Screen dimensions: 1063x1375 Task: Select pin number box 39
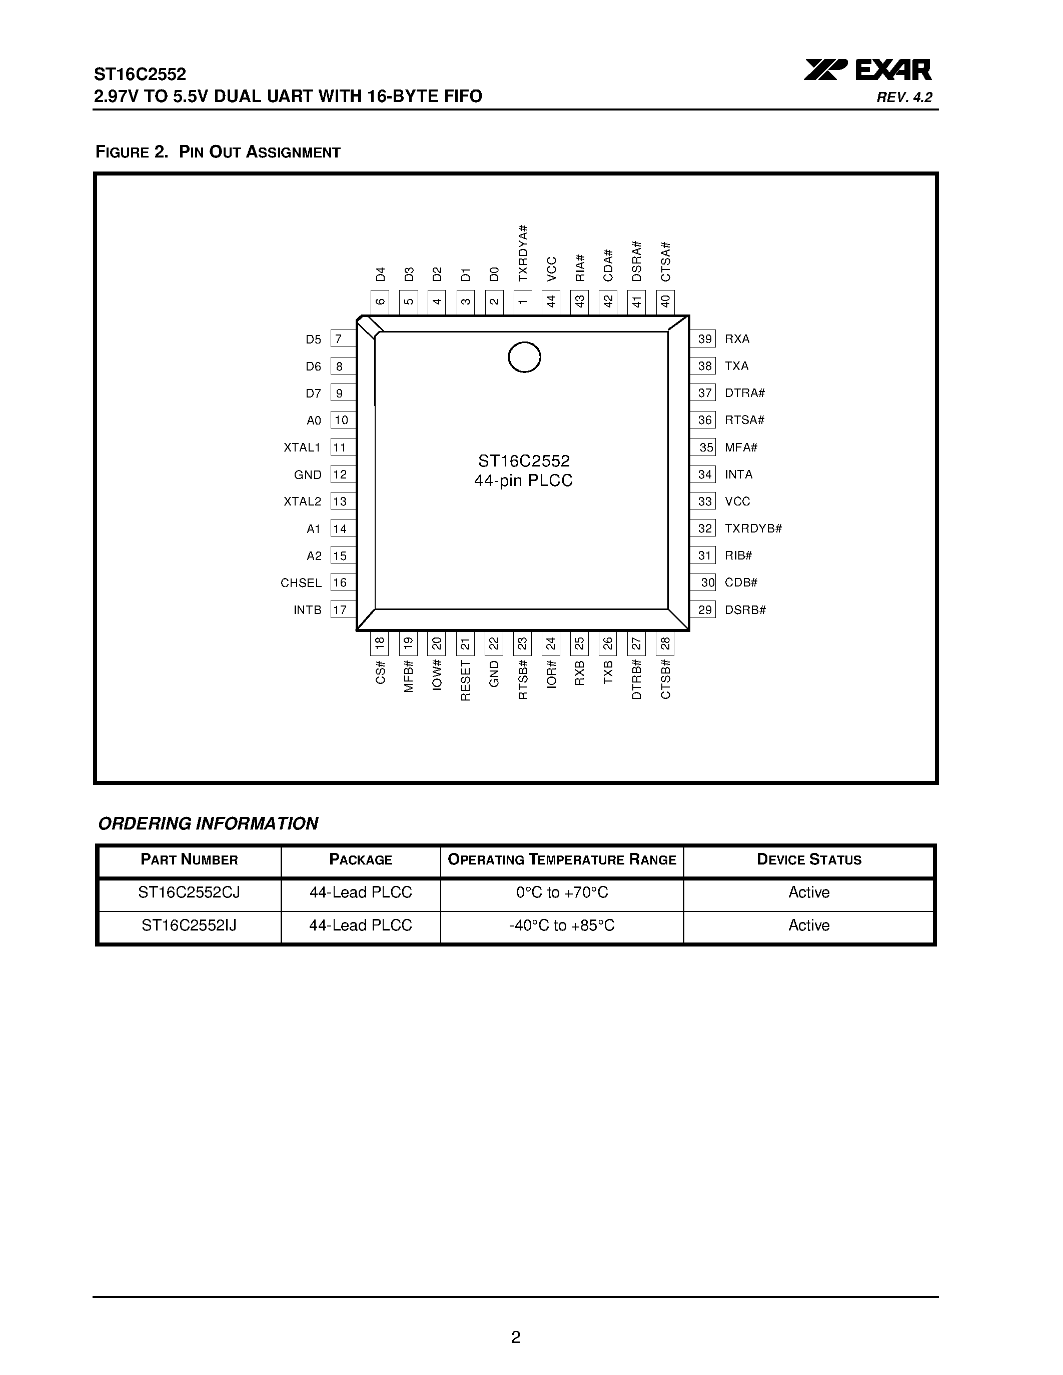coord(704,338)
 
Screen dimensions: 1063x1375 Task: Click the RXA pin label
coord(737,338)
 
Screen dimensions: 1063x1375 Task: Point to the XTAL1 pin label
coord(302,447)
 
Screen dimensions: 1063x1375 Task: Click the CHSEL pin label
coord(301,583)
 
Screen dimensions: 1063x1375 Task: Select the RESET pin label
coord(465,680)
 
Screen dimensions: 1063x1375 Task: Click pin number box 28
coord(665,643)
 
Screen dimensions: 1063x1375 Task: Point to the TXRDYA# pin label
coord(523,253)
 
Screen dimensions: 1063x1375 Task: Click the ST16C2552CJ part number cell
coord(189,892)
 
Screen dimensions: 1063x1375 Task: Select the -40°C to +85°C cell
coord(562,925)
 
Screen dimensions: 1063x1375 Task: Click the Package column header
coord(361,860)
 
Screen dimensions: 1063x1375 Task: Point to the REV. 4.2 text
coord(904,97)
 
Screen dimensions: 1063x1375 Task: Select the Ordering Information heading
coord(208,823)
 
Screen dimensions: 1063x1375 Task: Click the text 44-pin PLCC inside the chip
coord(523,481)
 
